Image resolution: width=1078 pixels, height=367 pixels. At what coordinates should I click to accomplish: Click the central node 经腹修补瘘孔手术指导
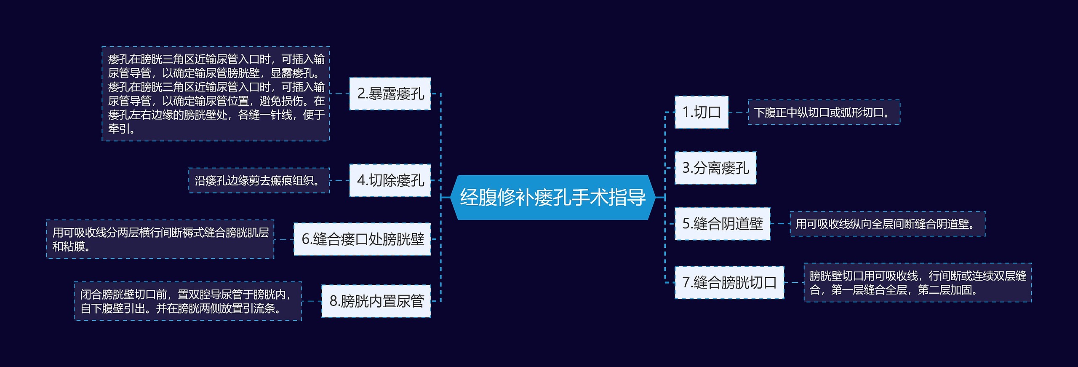click(x=552, y=197)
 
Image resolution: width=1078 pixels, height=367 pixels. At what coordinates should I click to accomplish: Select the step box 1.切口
click(x=701, y=112)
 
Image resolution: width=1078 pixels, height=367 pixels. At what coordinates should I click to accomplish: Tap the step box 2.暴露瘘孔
click(x=390, y=94)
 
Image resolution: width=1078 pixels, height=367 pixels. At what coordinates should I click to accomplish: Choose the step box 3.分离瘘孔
click(x=715, y=168)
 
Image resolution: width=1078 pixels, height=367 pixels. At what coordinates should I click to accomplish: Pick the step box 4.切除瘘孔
click(x=390, y=180)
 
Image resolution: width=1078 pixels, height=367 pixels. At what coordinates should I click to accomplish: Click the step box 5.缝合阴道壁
click(x=722, y=224)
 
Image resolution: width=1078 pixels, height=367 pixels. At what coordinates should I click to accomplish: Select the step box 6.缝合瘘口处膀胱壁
click(x=362, y=239)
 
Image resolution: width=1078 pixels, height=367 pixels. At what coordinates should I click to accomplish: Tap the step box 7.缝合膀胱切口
click(x=729, y=282)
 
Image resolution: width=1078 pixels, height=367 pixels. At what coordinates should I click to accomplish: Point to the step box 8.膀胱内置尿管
click(x=376, y=301)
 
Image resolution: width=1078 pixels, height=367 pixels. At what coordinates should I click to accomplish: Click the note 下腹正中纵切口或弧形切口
click(x=824, y=113)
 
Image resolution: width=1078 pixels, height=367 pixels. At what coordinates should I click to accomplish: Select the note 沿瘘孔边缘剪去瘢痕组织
click(x=259, y=181)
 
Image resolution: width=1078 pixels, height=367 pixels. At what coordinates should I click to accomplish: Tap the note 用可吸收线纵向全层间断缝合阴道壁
click(x=887, y=224)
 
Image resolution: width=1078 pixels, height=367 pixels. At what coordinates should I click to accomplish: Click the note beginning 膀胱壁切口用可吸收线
click(x=917, y=283)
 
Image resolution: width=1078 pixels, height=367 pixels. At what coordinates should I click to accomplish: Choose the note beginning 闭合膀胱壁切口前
click(x=188, y=301)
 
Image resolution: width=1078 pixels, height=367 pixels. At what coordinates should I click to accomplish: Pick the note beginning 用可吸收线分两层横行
click(x=160, y=239)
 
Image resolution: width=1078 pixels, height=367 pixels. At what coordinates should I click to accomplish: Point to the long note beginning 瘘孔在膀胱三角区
click(x=216, y=94)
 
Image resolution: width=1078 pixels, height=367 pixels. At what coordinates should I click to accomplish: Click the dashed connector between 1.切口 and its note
click(x=738, y=113)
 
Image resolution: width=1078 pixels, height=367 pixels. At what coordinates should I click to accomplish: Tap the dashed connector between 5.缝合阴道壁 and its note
click(x=780, y=224)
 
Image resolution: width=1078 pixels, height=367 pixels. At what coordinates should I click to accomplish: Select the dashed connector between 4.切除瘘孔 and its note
click(x=339, y=180)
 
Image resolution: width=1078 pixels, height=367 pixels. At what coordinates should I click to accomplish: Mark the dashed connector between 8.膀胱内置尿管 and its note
click(x=312, y=301)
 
